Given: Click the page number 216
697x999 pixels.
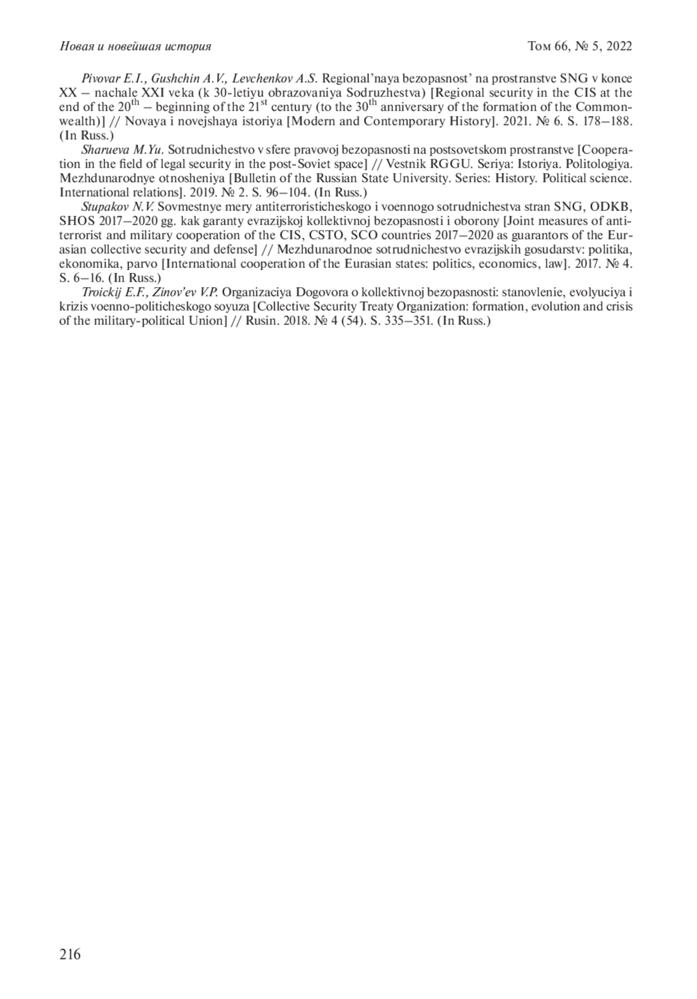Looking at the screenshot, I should point(70,954).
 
